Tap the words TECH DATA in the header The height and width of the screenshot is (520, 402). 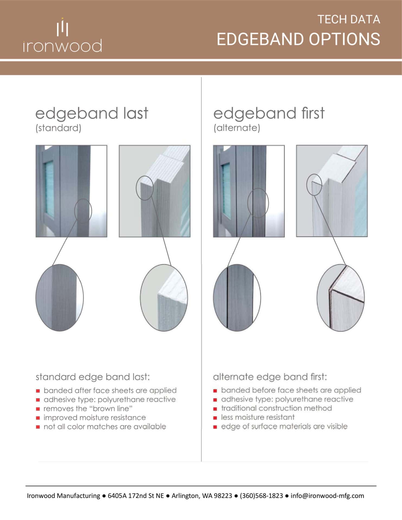pos(349,19)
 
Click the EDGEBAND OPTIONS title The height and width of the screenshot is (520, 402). pos(298,39)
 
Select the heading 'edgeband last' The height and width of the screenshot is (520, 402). pos(92,113)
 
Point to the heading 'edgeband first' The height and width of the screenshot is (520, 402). pos(269,113)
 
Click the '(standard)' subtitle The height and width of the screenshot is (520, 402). pos(58,128)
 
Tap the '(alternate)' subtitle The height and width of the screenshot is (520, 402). pos(237,128)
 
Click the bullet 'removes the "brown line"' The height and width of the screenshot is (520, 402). pos(88,408)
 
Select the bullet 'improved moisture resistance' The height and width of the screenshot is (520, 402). pos(95,418)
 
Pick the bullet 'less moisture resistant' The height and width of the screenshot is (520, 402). pos(258,417)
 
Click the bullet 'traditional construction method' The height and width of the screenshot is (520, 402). pos(276,408)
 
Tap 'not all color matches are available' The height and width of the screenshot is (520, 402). pos(105,427)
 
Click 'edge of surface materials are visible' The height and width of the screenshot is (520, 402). pos(284,426)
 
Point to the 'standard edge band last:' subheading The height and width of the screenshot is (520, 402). pos(93,377)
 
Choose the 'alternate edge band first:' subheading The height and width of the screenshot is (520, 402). pos(270,377)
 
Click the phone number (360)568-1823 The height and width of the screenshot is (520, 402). pos(261,496)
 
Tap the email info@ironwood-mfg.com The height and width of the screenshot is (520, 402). pos(327,496)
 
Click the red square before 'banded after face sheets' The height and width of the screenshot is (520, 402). pos(38,391)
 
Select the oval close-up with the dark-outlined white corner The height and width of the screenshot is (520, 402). pos(341,298)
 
